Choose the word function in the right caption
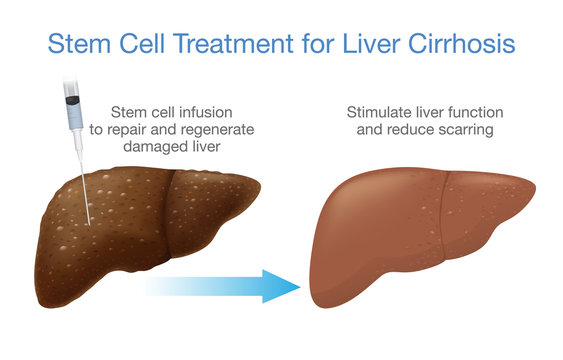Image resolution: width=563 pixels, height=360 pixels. tap(466, 113)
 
